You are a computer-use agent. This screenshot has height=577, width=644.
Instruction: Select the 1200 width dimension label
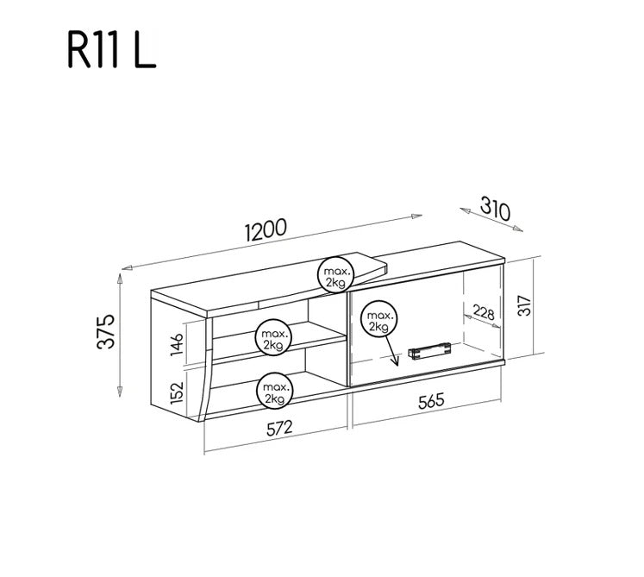pyautogui.click(x=266, y=230)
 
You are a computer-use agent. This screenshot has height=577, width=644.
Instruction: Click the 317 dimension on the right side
pyautogui.click(x=522, y=305)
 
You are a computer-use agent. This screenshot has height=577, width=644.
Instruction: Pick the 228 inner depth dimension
pyautogui.click(x=484, y=313)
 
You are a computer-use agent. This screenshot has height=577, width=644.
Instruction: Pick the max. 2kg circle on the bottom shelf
pyautogui.click(x=274, y=392)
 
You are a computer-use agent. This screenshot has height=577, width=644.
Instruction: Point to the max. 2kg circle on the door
pyautogui.click(x=378, y=321)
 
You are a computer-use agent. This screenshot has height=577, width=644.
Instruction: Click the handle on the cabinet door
pyautogui.click(x=430, y=350)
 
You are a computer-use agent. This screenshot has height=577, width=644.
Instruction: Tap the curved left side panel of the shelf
pyautogui.click(x=205, y=371)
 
